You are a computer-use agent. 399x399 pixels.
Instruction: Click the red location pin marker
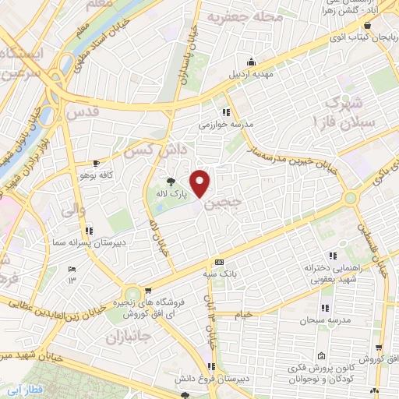click(201, 183)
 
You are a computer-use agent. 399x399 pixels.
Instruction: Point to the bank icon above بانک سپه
click(220, 262)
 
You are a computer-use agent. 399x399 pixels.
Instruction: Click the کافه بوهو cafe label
click(96, 175)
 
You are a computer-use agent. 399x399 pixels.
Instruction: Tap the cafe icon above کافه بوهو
click(95, 164)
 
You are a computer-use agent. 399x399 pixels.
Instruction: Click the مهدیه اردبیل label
click(249, 75)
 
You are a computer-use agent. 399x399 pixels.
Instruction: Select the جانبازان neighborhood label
click(122, 337)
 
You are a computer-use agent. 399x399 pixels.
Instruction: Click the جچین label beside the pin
click(224, 201)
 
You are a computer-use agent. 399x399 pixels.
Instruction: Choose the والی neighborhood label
click(68, 209)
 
